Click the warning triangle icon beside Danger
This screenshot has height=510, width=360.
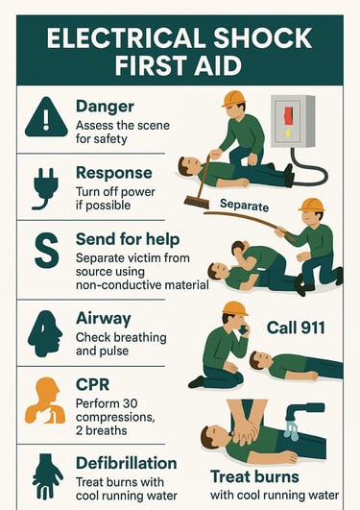click(x=46, y=117)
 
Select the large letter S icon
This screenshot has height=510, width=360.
click(x=47, y=251)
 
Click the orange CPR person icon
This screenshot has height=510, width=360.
click(x=45, y=401)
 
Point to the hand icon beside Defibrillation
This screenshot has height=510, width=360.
click(x=47, y=476)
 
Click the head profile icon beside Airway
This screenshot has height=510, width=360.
click(x=45, y=333)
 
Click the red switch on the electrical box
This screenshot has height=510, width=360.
click(x=288, y=116)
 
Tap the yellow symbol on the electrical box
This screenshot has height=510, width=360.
click(x=288, y=134)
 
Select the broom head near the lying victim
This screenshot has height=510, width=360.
click(x=197, y=202)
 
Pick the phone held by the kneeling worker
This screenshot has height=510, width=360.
click(x=243, y=329)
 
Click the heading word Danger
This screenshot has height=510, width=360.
click(x=105, y=107)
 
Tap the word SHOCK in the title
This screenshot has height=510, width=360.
click(x=263, y=37)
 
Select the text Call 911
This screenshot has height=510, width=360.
click(x=296, y=328)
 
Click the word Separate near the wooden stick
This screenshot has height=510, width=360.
click(x=245, y=206)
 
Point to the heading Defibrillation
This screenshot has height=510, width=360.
click(x=127, y=463)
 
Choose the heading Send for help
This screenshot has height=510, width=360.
click(x=128, y=239)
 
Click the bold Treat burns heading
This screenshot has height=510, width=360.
click(x=254, y=476)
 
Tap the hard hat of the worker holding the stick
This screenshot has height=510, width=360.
click(x=312, y=206)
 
